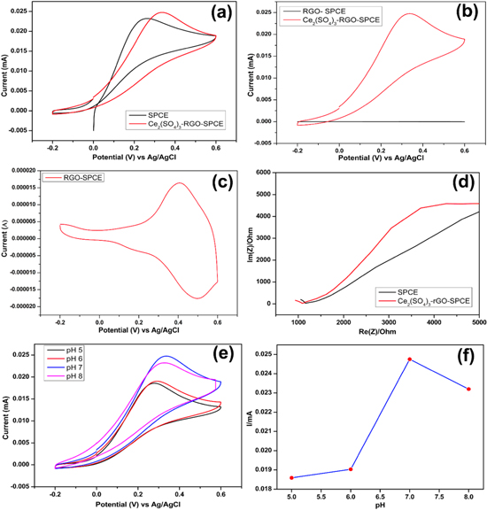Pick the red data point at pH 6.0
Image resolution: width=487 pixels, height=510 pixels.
(352, 469)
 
